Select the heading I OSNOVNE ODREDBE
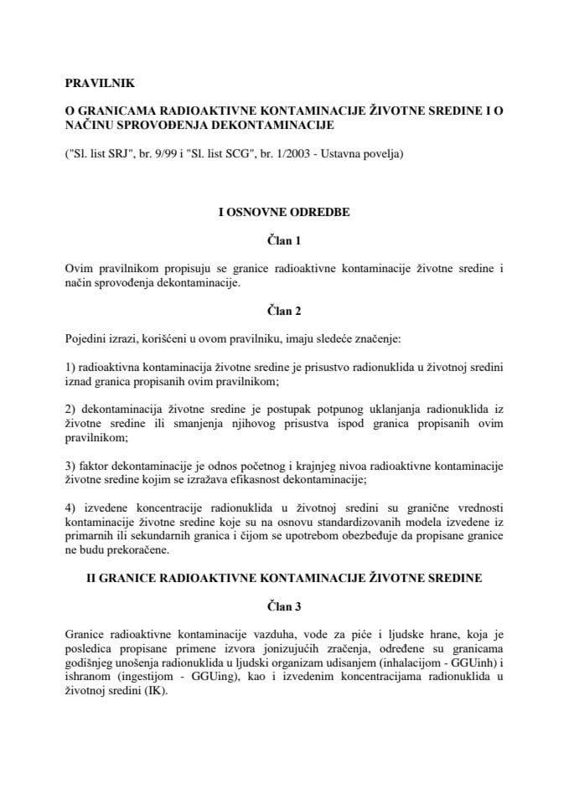283,212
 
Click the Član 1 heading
283,240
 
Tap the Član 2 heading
283,311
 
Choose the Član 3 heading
283,608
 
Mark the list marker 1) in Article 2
70,368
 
